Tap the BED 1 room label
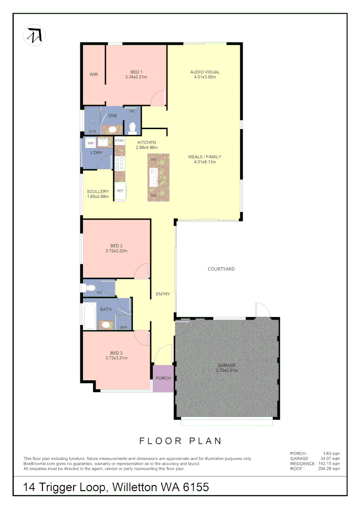pyautogui.click(x=136, y=72)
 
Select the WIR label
pyautogui.click(x=94, y=74)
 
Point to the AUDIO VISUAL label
pyautogui.click(x=205, y=72)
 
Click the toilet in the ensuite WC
pyautogui.click(x=132, y=127)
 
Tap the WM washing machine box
pyautogui.click(x=90, y=143)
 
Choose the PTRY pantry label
pyautogui.click(x=120, y=141)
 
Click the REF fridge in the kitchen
pyautogui.click(x=120, y=190)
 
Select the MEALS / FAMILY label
pyautogui.click(x=205, y=156)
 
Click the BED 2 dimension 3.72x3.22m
pyautogui.click(x=116, y=251)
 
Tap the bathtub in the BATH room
pyautogui.click(x=90, y=315)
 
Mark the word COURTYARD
pyautogui.click(x=221, y=269)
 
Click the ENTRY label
pyautogui.click(x=163, y=294)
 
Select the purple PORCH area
pyautogui.click(x=163, y=378)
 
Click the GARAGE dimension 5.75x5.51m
pyautogui.click(x=227, y=370)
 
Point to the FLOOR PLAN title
pyautogui.click(x=180, y=441)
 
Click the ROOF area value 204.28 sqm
pyautogui.click(x=329, y=468)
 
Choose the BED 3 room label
pyautogui.click(x=116, y=353)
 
